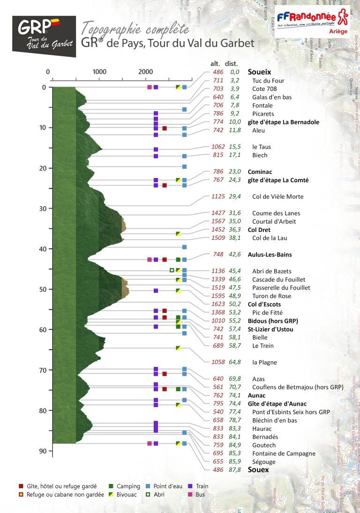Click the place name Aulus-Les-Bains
point(270,255)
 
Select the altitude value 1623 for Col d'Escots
point(218,305)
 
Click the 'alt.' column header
point(217,64)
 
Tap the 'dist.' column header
point(232,64)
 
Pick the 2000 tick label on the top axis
point(145,72)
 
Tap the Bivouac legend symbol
point(111,494)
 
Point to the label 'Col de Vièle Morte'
point(277,197)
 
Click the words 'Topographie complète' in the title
point(135,29)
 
